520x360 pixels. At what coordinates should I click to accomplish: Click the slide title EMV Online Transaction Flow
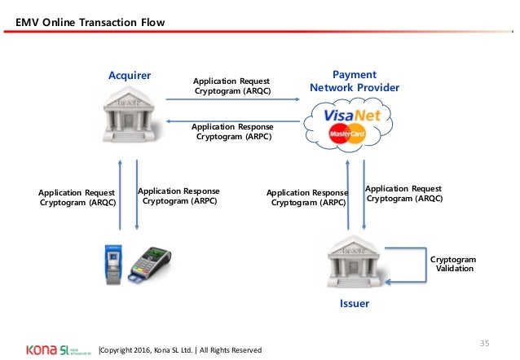click(x=90, y=22)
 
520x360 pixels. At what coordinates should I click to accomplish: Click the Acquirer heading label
click(x=130, y=76)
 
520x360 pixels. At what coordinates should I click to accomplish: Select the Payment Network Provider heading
click(x=355, y=81)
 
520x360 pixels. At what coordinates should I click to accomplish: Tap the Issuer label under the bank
click(x=355, y=303)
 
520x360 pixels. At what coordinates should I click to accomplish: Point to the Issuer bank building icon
click(x=355, y=262)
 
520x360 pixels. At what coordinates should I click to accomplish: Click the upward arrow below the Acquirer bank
click(x=121, y=195)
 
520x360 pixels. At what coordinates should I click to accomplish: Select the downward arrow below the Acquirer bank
click(x=137, y=195)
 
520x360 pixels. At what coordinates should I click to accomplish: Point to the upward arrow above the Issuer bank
click(x=348, y=195)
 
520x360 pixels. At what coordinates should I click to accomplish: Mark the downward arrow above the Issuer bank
click(x=364, y=195)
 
